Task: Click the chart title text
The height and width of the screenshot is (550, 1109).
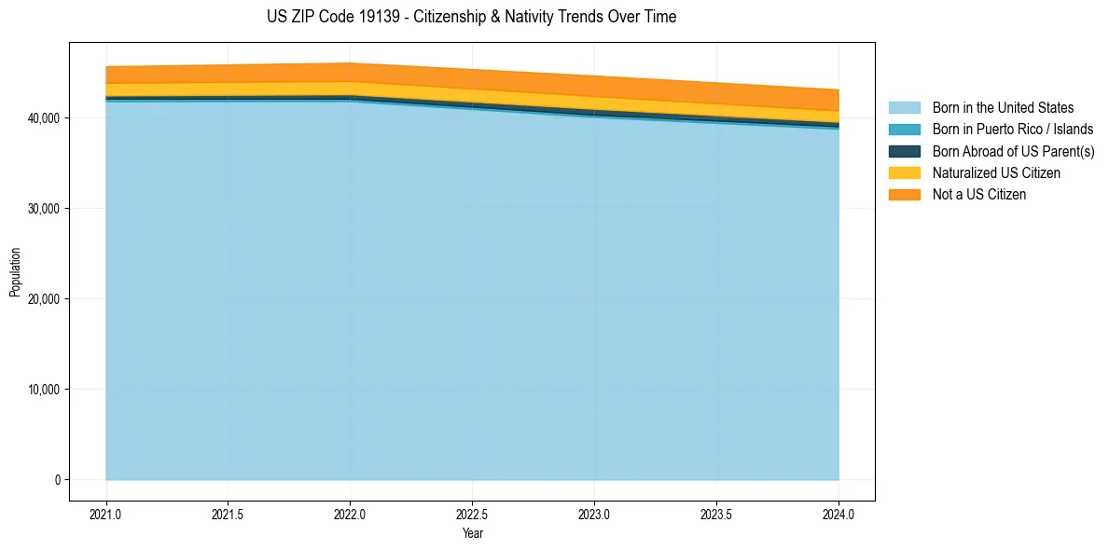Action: (471, 17)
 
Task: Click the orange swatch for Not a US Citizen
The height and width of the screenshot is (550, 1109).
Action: (904, 195)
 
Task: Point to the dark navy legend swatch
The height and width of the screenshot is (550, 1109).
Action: (904, 151)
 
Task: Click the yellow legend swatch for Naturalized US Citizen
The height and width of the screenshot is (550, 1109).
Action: (904, 173)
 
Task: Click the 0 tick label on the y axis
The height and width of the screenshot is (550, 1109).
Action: (56, 480)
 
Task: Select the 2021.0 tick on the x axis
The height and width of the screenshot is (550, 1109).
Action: (105, 514)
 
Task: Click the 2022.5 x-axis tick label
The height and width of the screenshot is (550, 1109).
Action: (472, 514)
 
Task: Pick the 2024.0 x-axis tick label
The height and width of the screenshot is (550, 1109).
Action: (839, 514)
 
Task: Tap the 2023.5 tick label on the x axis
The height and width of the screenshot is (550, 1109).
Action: (716, 514)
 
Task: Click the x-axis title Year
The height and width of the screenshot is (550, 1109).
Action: (472, 533)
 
